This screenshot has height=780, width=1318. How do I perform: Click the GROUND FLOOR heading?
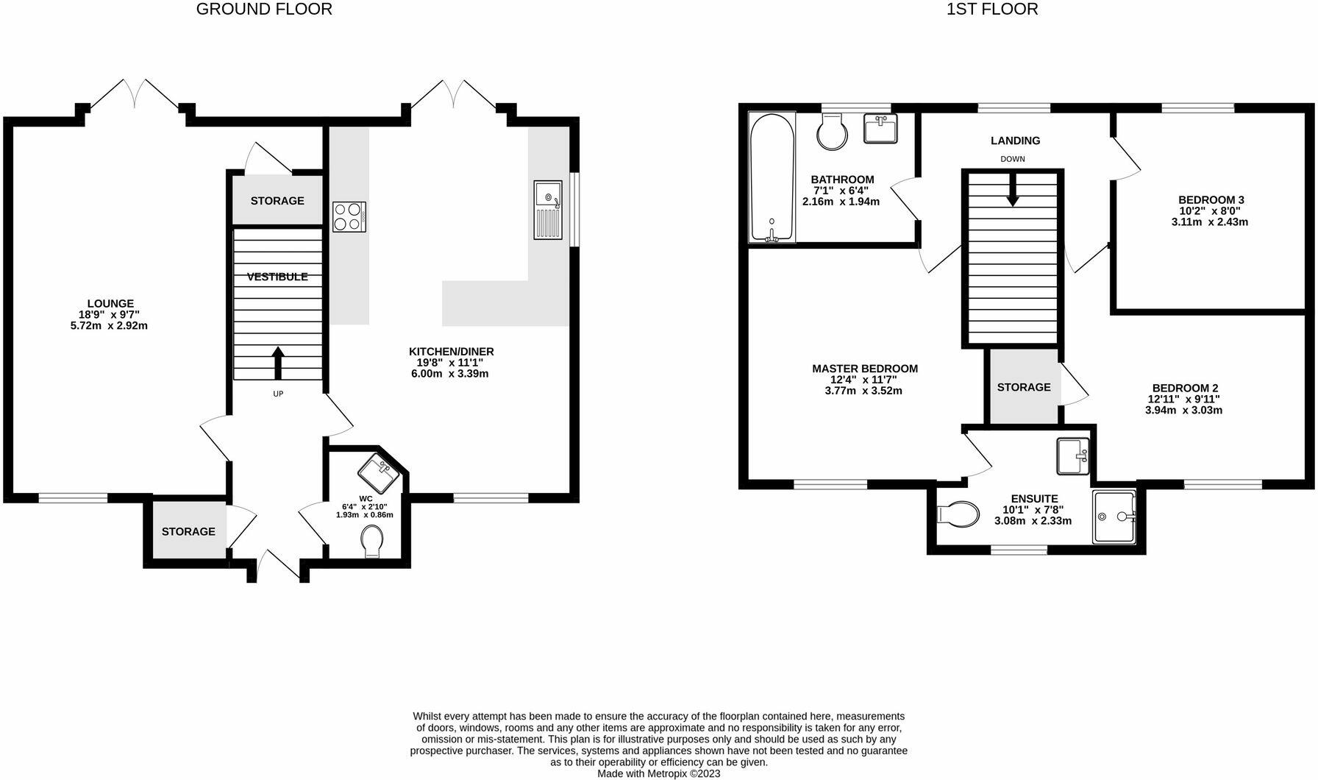click(264, 10)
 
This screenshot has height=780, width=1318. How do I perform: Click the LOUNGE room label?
click(110, 303)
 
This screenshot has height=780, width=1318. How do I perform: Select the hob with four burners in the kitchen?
click(348, 216)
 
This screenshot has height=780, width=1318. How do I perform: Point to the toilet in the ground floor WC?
click(374, 545)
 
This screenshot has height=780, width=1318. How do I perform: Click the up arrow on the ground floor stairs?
click(278, 361)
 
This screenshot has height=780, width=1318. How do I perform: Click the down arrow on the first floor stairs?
click(1013, 191)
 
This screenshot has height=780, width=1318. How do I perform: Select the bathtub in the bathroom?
click(772, 177)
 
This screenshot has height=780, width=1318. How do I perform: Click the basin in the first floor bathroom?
click(880, 130)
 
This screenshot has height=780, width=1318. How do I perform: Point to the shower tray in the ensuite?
click(1114, 517)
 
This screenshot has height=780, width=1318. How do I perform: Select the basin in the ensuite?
click(1072, 456)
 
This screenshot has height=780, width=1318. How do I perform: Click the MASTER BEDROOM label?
click(864, 369)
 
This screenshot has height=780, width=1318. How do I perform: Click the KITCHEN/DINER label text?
click(451, 352)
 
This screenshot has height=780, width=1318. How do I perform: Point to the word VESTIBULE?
click(277, 277)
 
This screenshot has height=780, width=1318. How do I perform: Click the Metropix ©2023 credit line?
click(658, 773)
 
